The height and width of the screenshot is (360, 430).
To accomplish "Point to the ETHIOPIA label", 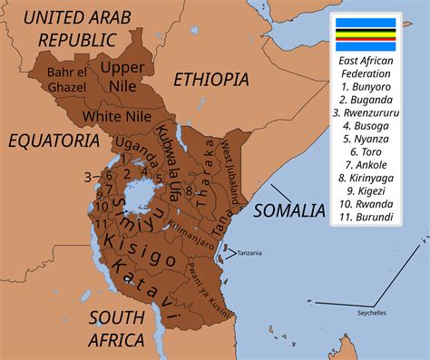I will (x=210, y=79).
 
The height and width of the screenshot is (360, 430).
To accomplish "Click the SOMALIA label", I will (x=288, y=210).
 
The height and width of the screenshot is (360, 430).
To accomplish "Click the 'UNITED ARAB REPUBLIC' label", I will (x=70, y=27).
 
